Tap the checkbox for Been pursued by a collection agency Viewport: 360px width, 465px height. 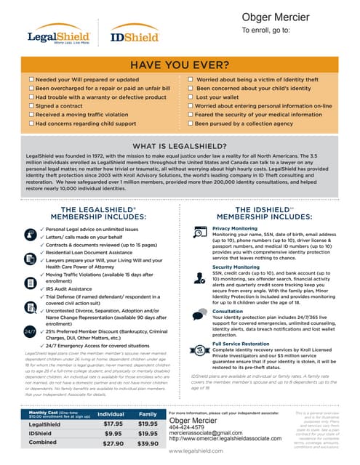point(190,124)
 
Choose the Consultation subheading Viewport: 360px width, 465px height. point(228,310)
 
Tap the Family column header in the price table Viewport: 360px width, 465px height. point(148,413)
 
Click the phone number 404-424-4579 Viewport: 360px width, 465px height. point(188,427)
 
